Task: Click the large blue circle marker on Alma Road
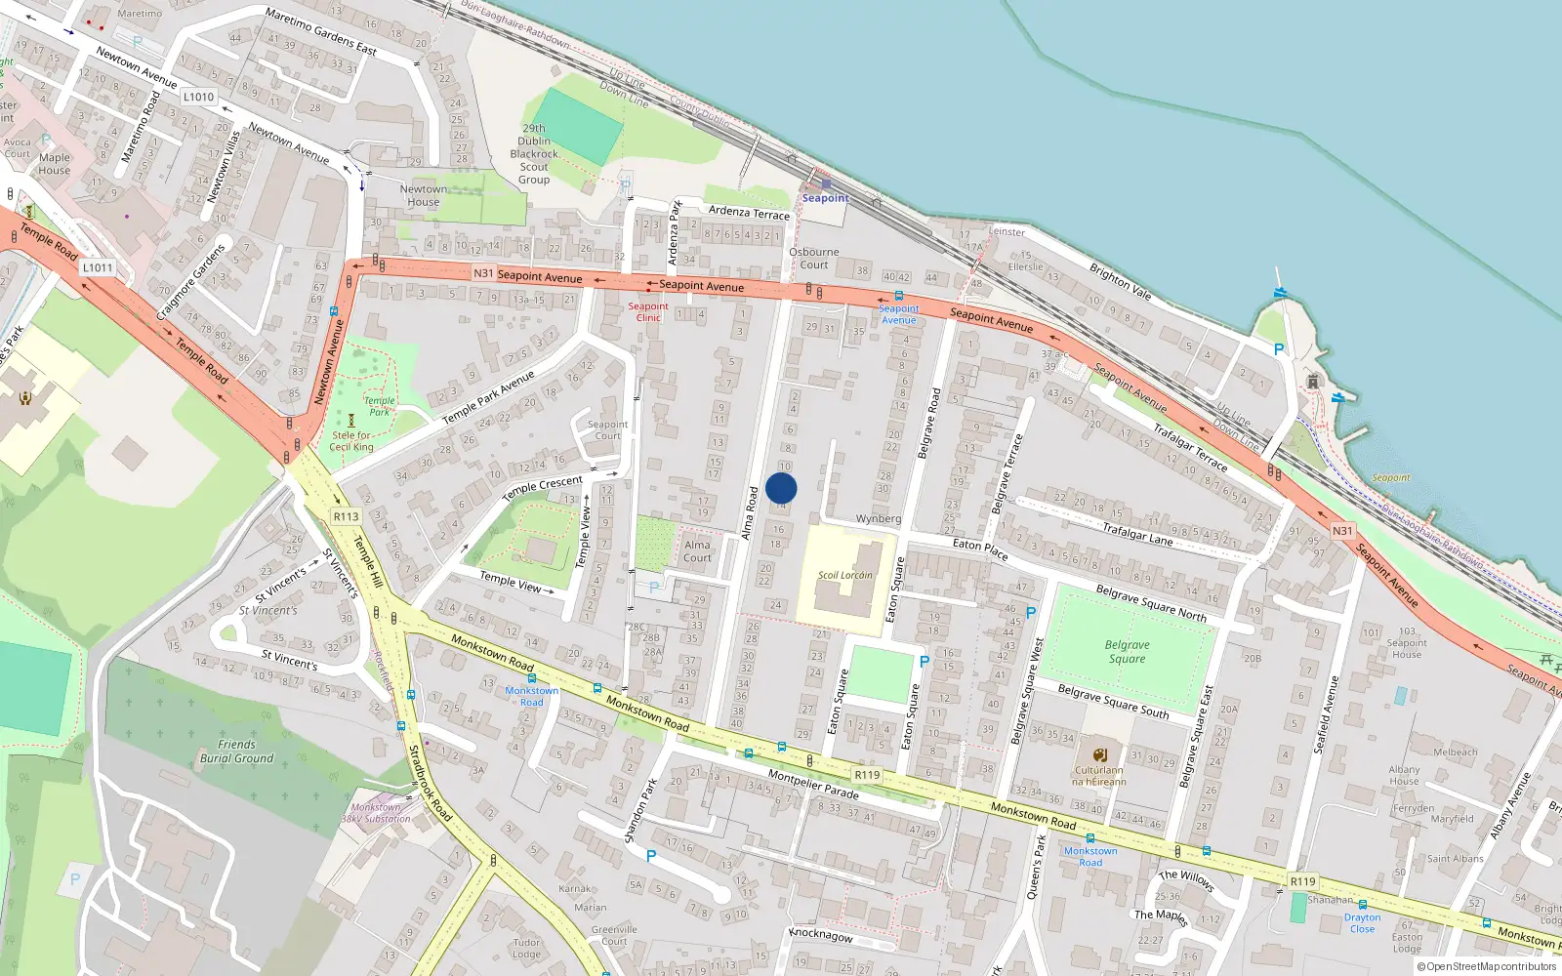click(781, 488)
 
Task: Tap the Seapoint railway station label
click(825, 198)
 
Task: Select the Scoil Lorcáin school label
click(845, 575)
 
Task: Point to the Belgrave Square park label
click(1127, 652)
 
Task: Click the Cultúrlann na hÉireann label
click(1099, 776)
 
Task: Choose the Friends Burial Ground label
click(236, 752)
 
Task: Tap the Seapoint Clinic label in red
click(648, 311)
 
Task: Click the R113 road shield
click(346, 516)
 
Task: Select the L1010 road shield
click(198, 97)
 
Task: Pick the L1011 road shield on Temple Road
click(98, 267)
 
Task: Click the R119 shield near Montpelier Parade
click(867, 775)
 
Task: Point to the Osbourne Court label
click(813, 259)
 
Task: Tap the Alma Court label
click(697, 551)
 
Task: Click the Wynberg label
click(878, 518)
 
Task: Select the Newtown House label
click(424, 195)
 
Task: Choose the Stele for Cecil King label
click(351, 441)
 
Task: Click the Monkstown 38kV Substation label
click(376, 813)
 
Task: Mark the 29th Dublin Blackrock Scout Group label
click(534, 154)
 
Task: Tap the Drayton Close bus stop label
click(1362, 922)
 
